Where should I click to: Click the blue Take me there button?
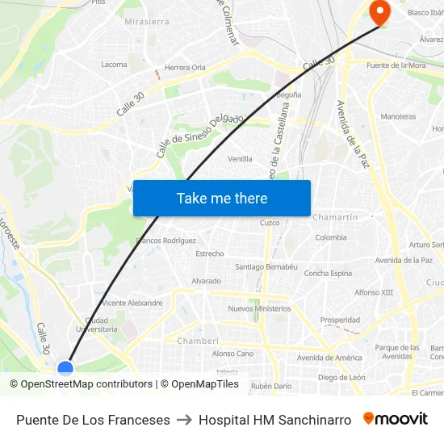(x=222, y=199)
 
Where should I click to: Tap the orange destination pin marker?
(x=379, y=10)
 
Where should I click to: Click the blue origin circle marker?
(x=65, y=369)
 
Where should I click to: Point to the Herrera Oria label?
(x=185, y=68)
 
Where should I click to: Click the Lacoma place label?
(x=114, y=65)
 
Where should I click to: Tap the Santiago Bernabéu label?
(x=266, y=266)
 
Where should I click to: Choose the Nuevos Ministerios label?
(x=259, y=308)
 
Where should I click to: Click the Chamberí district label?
(x=198, y=341)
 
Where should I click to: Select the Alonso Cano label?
(x=232, y=354)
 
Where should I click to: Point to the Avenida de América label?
(x=329, y=358)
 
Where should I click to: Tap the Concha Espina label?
(x=328, y=274)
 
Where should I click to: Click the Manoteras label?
(x=398, y=117)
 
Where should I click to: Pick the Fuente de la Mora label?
(x=396, y=65)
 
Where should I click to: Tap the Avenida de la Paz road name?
(x=352, y=134)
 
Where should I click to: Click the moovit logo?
(x=396, y=419)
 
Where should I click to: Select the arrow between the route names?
(x=184, y=420)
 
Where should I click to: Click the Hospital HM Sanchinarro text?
(x=274, y=420)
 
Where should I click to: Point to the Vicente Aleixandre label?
(x=133, y=304)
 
